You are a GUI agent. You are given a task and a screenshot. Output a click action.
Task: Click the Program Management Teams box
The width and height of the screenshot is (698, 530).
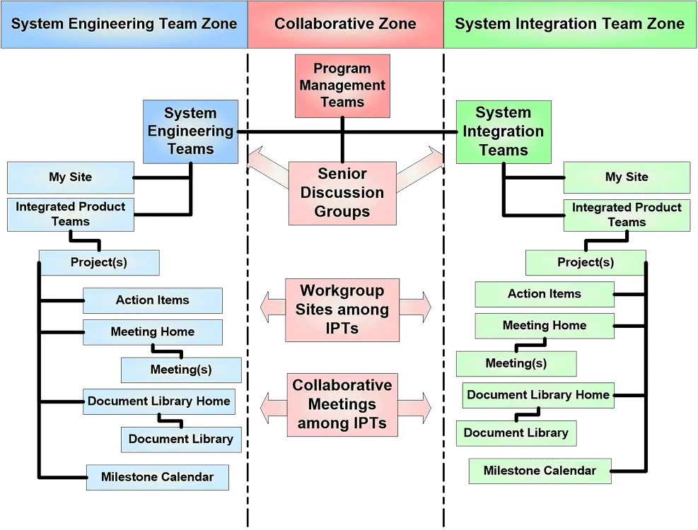tap(342, 86)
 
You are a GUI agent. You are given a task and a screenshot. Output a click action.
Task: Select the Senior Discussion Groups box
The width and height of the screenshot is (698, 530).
tap(342, 193)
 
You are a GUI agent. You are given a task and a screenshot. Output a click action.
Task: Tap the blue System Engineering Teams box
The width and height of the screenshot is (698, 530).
tap(190, 131)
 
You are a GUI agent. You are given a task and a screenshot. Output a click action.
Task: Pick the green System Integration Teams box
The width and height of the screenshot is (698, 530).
tap(504, 131)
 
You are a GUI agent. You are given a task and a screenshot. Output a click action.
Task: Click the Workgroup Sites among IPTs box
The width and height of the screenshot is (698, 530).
tap(342, 310)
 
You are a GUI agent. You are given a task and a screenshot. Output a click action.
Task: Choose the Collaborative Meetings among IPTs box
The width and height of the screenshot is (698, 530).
tap(342, 404)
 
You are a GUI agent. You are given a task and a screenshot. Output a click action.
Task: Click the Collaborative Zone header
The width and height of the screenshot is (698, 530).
tap(345, 24)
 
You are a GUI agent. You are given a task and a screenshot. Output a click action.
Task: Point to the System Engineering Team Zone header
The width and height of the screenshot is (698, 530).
tap(124, 24)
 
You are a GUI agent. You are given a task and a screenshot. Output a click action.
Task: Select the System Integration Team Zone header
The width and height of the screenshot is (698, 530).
tap(570, 24)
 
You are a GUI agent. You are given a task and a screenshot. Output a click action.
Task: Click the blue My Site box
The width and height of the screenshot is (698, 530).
tap(70, 177)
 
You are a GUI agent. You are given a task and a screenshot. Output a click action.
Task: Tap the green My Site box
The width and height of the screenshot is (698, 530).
tap(627, 177)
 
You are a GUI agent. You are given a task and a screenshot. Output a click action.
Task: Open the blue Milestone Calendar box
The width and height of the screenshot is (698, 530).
tap(158, 478)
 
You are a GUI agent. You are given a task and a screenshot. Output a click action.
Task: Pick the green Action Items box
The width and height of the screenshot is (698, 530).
tap(545, 294)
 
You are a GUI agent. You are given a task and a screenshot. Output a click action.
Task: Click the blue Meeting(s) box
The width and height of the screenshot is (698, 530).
tap(181, 370)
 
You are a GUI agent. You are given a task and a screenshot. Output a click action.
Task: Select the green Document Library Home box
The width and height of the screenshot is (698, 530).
tap(538, 395)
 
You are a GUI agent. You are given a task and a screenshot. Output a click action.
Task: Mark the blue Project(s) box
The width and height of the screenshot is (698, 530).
tap(99, 263)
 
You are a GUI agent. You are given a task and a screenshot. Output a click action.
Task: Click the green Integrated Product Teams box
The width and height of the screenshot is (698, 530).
tap(627, 215)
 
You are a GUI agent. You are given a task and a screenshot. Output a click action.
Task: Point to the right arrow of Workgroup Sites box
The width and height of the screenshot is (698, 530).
tap(415, 307)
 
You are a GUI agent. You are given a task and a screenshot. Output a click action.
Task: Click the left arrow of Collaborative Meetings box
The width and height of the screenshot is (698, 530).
tap(273, 408)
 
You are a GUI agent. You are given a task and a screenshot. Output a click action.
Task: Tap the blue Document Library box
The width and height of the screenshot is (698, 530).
tap(181, 440)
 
